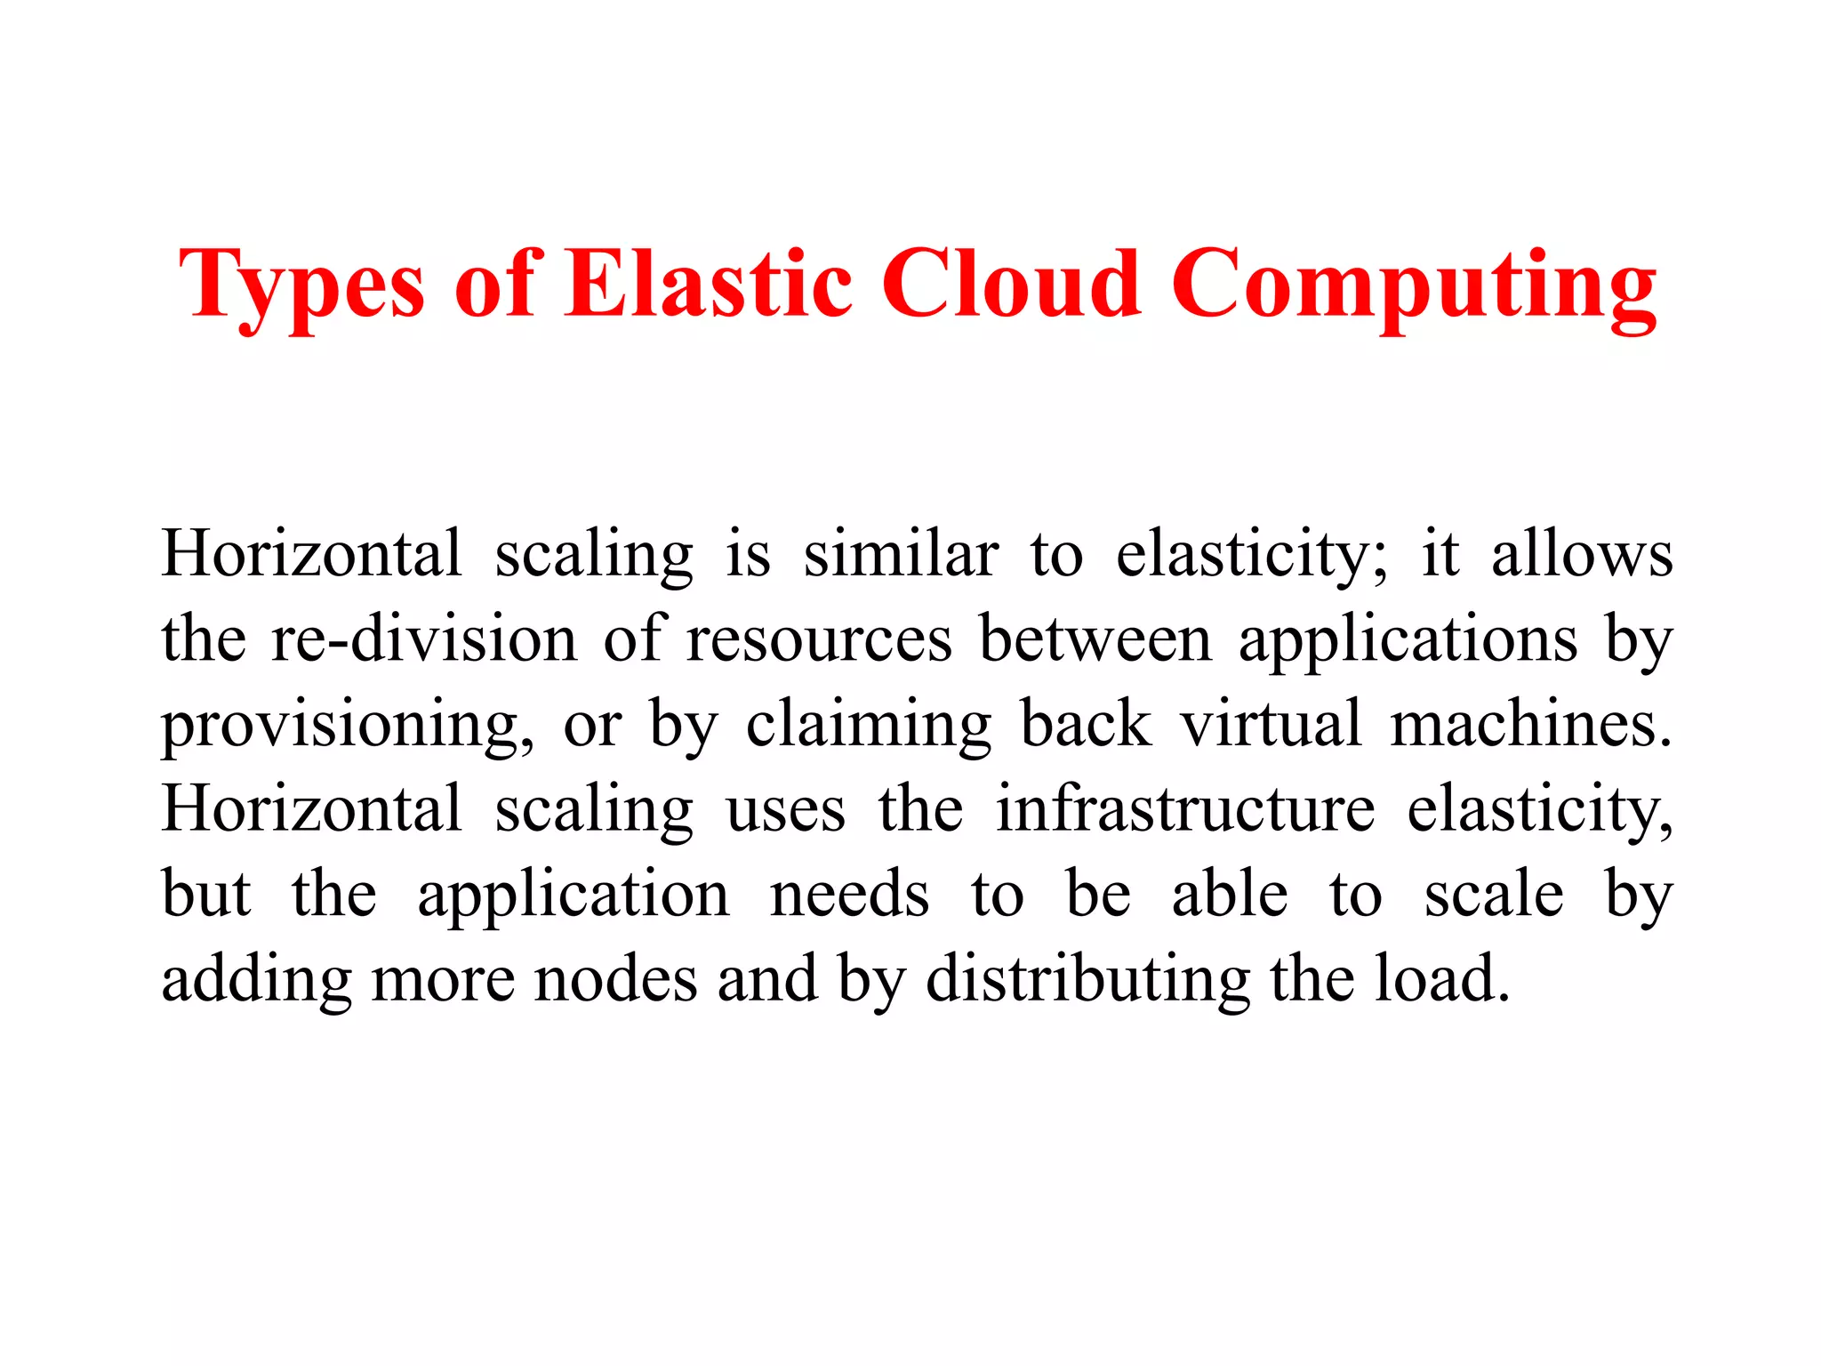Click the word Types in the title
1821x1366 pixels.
(x=302, y=285)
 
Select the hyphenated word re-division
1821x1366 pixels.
(x=424, y=639)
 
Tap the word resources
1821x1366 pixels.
(x=819, y=639)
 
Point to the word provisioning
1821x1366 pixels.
(x=348, y=726)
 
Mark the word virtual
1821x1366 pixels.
(x=1271, y=724)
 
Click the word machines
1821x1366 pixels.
(x=1530, y=724)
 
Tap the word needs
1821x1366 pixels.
(x=849, y=895)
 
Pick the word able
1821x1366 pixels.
(x=1230, y=895)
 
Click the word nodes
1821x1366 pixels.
(x=615, y=979)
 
